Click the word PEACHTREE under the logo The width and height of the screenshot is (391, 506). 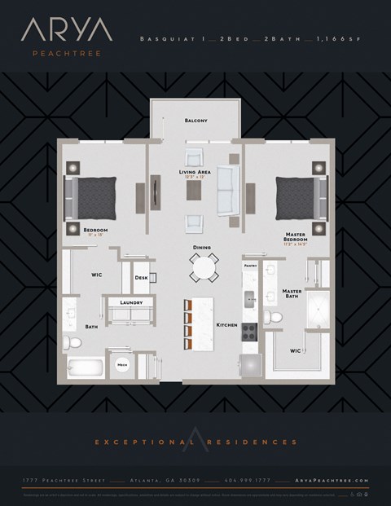pos(55,55)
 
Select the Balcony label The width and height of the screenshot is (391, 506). pos(195,121)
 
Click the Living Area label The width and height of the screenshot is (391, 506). pos(195,173)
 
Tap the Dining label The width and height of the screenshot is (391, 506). pos(202,247)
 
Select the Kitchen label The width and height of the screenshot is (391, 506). pos(226,325)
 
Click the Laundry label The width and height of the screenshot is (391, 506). pos(131,303)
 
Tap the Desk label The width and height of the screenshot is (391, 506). pos(141,279)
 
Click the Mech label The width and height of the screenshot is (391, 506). pos(122,366)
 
